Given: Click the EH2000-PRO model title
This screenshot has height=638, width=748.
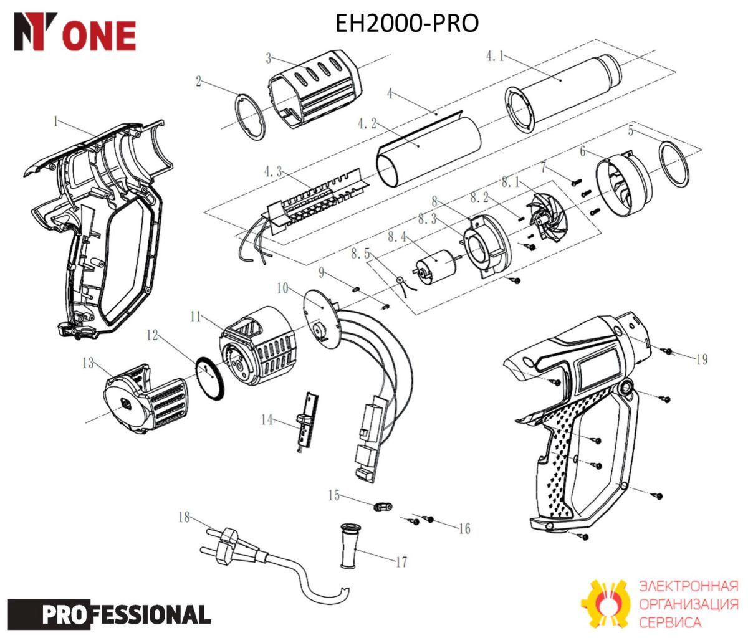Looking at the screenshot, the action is point(407,23).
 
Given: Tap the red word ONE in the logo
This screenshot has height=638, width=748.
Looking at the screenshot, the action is point(102,36).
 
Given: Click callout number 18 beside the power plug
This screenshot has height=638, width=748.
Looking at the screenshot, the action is point(185,517).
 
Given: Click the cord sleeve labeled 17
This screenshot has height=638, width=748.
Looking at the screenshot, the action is point(350,546).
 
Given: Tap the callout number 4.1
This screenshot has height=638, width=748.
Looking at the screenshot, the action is point(495,56).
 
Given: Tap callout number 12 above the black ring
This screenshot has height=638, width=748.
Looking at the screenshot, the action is point(152,335).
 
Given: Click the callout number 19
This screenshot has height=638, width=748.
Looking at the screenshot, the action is point(702,359).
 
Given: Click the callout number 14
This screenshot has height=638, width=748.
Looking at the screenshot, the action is point(267,419).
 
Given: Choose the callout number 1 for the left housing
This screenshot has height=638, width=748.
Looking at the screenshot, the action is point(55,121).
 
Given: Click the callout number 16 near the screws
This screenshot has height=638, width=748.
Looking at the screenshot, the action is point(464,529).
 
